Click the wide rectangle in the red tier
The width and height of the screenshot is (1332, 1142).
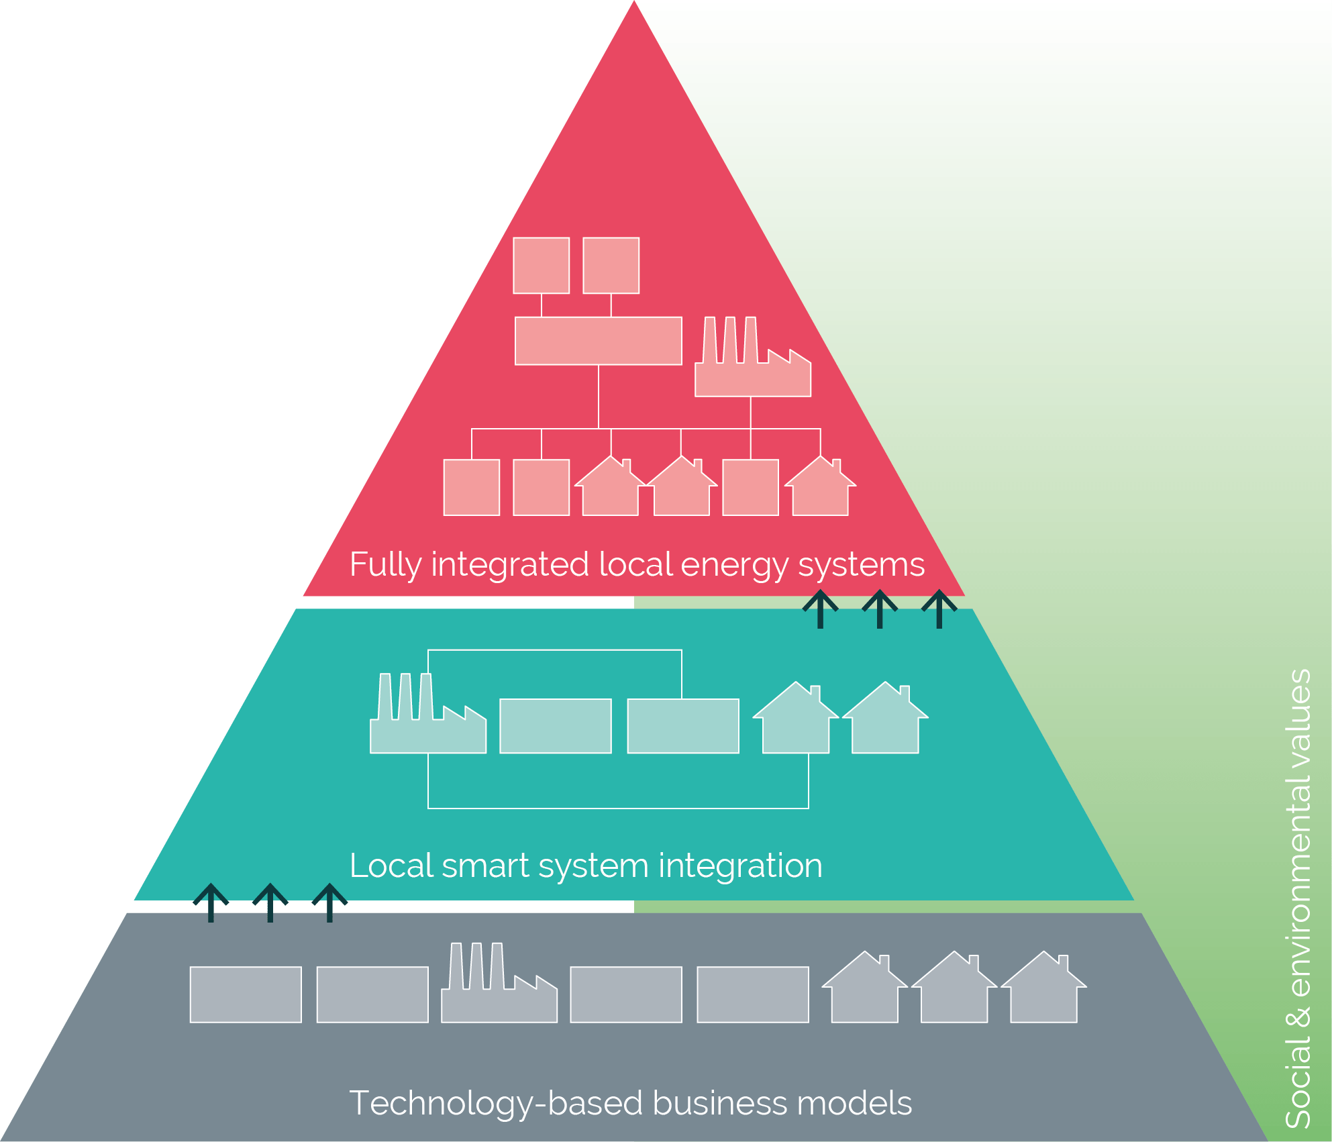click(x=598, y=341)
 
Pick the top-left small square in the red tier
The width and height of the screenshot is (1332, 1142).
click(x=541, y=266)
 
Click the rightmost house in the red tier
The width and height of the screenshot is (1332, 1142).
click(x=820, y=491)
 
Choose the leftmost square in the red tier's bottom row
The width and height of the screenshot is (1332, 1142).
click(x=471, y=487)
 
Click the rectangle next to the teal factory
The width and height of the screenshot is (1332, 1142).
click(x=555, y=726)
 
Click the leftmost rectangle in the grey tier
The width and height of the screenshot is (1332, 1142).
click(x=246, y=994)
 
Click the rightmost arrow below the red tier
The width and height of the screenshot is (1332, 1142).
click(x=939, y=609)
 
